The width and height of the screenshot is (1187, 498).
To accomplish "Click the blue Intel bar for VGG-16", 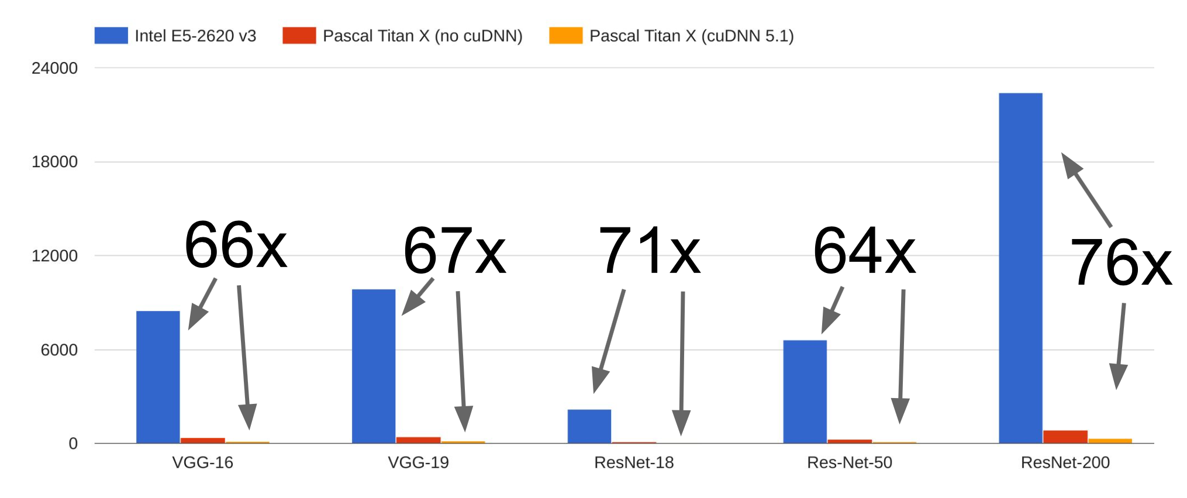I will point(158,377).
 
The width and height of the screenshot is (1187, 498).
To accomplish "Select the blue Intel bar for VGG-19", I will point(374,366).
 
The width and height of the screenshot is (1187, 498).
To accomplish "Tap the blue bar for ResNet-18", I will point(589,426).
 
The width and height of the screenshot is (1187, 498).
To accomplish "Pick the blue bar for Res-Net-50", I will point(805,392).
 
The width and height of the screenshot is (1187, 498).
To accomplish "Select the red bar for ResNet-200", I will point(1065,437).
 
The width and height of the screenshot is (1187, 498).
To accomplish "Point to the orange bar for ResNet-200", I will point(1110,441).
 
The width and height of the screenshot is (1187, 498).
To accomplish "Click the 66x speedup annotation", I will point(236,245).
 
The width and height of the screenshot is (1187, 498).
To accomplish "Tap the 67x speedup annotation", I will point(454,251).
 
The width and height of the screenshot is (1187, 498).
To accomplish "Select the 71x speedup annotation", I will point(649,251).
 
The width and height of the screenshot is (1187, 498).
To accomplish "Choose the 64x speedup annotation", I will point(864,251).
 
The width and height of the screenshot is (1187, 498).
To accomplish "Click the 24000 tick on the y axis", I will point(54,68).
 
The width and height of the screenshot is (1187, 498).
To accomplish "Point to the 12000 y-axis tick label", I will point(54,256).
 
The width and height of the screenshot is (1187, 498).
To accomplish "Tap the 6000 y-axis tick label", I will point(59,350).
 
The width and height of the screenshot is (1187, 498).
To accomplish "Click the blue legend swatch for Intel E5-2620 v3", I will point(111,36).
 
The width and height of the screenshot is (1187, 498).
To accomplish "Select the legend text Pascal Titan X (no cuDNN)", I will point(422,36).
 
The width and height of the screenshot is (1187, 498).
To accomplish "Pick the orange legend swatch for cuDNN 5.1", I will point(565,36).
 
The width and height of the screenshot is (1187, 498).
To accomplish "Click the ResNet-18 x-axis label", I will point(634,462).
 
